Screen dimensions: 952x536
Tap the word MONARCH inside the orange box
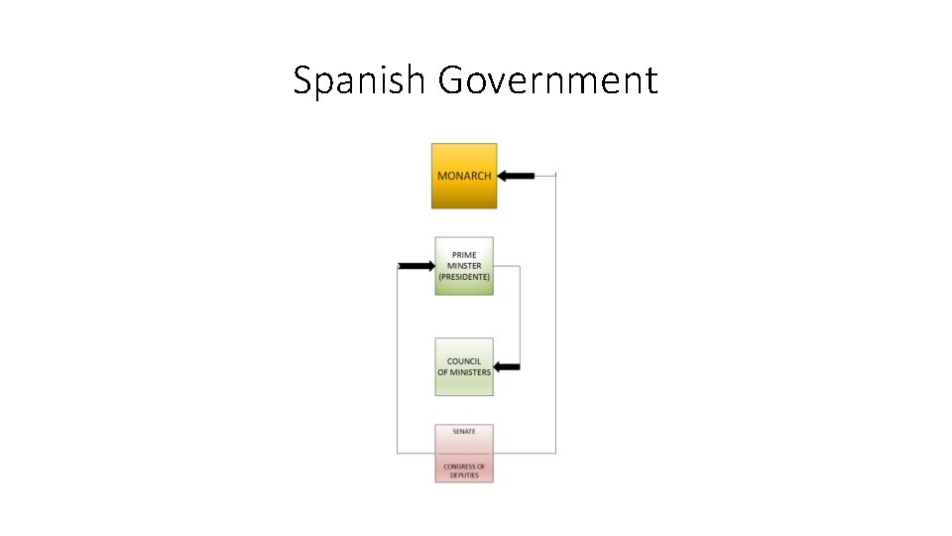[x=464, y=176]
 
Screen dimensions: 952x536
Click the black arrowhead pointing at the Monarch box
[x=504, y=176]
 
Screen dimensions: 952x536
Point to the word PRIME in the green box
[x=464, y=255]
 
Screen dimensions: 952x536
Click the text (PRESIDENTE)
[x=464, y=277]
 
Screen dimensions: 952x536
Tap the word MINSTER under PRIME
[x=464, y=266]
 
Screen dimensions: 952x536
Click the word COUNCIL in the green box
[x=464, y=361]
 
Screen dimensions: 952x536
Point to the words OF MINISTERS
[x=464, y=372]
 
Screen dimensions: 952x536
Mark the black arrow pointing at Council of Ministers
[x=507, y=367]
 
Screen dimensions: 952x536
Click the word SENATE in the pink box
[x=464, y=432]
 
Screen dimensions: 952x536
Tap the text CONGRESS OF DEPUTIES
[x=464, y=470]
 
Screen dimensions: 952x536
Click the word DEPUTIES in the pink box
[x=464, y=475]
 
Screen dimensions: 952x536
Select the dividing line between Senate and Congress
[x=464, y=454]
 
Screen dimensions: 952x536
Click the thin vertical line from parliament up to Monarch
[x=555, y=318]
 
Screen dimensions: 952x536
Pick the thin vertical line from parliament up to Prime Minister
[x=398, y=357]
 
